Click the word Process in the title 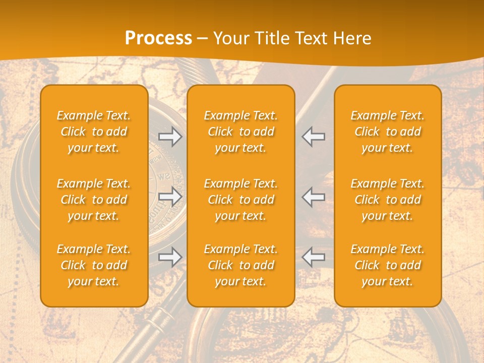pyautogui.click(x=158, y=38)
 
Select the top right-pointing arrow pyautogui.click(x=170, y=137)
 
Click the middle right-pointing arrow pyautogui.click(x=170, y=197)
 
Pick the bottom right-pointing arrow pyautogui.click(x=170, y=257)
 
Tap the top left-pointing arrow pyautogui.click(x=313, y=137)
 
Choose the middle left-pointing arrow pyautogui.click(x=313, y=197)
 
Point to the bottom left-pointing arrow pyautogui.click(x=313, y=257)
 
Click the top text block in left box pyautogui.click(x=94, y=132)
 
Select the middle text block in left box pyautogui.click(x=94, y=200)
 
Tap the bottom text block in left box pyautogui.click(x=94, y=265)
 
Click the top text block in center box pyautogui.click(x=240, y=132)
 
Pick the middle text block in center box pyautogui.click(x=240, y=200)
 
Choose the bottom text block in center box pyautogui.click(x=240, y=265)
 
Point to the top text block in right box pyautogui.click(x=388, y=132)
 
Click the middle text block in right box pyautogui.click(x=388, y=200)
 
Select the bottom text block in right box pyautogui.click(x=388, y=265)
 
